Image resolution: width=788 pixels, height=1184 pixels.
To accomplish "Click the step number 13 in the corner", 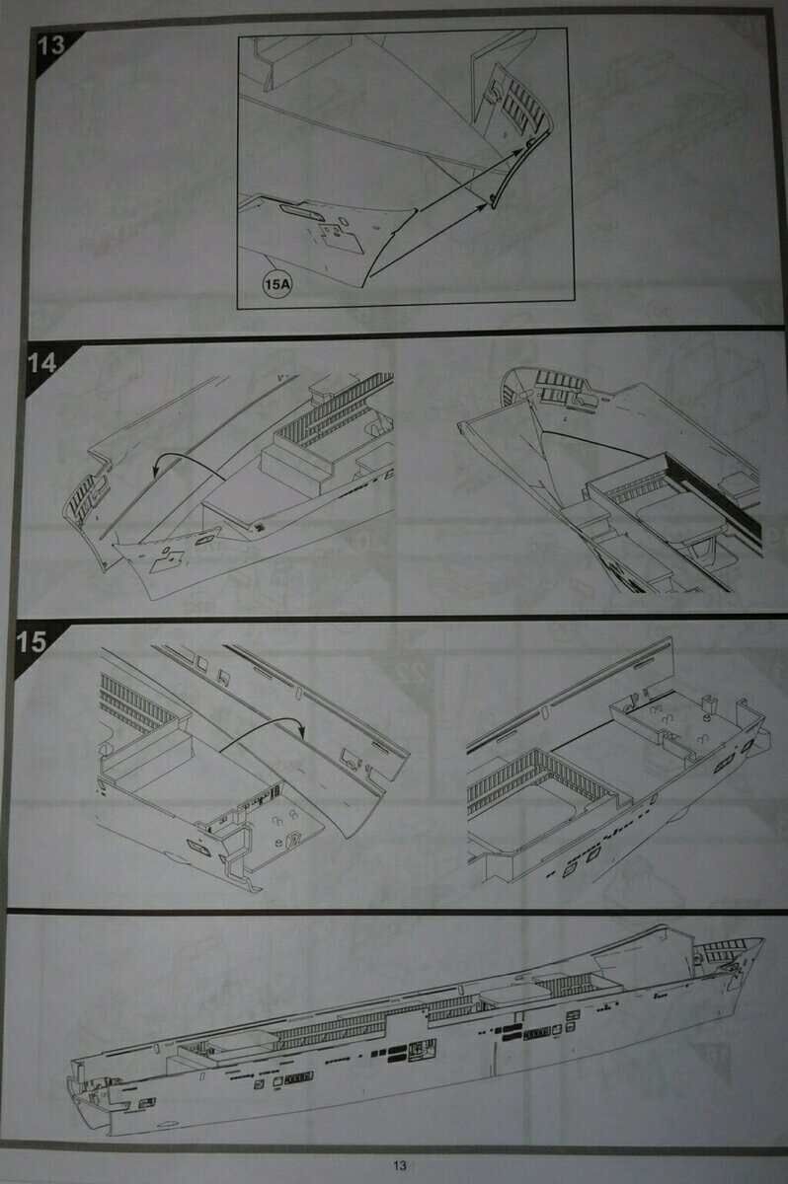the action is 50,45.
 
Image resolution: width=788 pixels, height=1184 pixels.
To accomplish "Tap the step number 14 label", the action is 41,363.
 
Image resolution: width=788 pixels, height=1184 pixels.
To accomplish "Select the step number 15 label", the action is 32,641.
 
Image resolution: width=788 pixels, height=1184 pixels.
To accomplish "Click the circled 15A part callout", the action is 277,285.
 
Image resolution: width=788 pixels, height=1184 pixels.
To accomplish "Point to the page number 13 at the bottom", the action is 400,1165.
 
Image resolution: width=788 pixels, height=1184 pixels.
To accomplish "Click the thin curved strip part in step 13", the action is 521,168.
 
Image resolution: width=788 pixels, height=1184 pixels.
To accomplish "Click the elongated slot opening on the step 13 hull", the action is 301,212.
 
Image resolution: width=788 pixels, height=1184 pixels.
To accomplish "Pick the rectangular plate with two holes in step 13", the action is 340,237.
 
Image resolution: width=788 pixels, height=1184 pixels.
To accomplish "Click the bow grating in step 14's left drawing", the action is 85,497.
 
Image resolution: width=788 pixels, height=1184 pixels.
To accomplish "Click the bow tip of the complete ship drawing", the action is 762,939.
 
